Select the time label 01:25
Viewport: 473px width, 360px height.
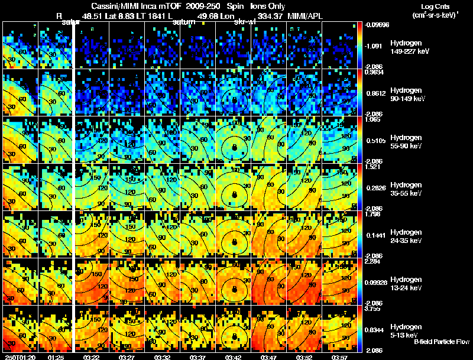coord(56,357)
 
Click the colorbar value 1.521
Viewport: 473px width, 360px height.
coord(371,167)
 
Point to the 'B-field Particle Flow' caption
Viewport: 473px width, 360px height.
coord(441,342)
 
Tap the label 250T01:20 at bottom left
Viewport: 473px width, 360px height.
coord(19,357)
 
